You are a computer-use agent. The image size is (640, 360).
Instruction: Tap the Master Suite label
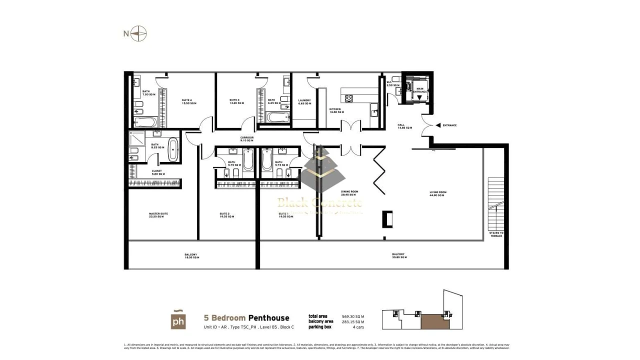(x=158, y=215)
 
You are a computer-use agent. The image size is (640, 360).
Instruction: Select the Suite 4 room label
(x=189, y=101)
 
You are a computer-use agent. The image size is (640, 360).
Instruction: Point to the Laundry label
(x=304, y=101)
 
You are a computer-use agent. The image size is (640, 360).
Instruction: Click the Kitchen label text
(x=335, y=110)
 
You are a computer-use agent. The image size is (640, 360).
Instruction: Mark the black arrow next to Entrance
(x=438, y=125)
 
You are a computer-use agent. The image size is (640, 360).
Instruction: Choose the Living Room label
(x=437, y=193)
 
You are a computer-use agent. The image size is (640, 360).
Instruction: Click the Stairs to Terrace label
(x=496, y=234)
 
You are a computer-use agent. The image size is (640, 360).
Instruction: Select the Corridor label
(x=247, y=139)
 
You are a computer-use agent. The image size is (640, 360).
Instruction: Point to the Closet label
(x=157, y=172)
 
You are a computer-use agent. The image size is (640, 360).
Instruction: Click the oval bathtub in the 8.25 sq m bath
(x=173, y=149)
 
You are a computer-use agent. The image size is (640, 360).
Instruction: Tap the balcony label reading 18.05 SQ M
(x=191, y=256)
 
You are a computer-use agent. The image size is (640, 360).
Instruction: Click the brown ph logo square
(x=178, y=320)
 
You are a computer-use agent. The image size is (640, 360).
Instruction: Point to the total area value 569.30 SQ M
(x=353, y=316)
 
